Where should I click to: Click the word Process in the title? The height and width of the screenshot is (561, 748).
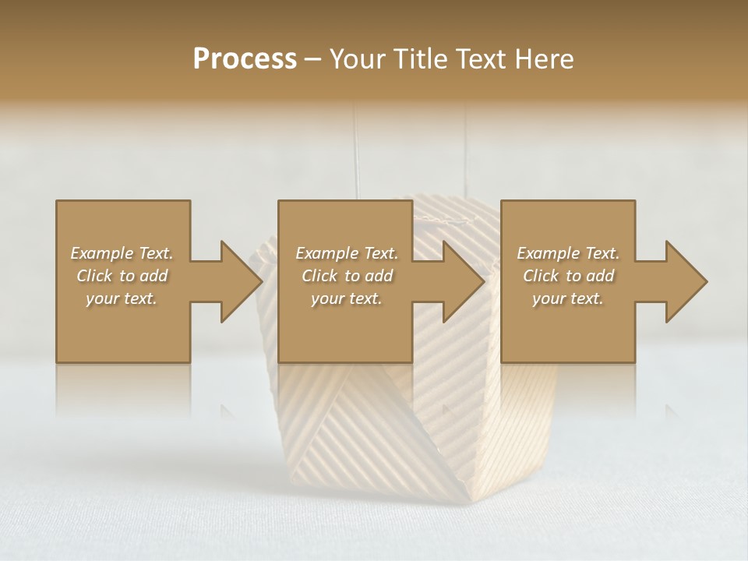click(x=245, y=58)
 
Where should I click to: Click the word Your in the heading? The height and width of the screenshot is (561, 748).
click(x=356, y=58)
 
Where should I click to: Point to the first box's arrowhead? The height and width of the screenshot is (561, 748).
click(x=241, y=281)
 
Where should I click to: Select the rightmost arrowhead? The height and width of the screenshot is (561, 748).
click(x=686, y=281)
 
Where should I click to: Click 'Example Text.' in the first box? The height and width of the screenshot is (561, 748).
click(x=122, y=253)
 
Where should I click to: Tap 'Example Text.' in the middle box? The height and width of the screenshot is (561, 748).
click(x=347, y=253)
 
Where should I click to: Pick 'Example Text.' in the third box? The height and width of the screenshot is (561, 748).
click(x=568, y=253)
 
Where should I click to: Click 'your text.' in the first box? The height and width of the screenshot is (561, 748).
click(x=122, y=298)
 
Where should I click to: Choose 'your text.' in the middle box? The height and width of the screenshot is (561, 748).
click(x=347, y=298)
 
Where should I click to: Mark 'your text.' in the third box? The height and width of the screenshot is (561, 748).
click(x=568, y=298)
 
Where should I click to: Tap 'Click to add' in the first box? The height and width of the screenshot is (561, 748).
click(x=122, y=276)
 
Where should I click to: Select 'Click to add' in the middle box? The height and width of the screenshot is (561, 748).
click(x=347, y=276)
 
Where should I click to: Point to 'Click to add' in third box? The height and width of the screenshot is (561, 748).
click(x=568, y=276)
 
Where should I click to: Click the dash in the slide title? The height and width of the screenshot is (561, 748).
click(x=314, y=59)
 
